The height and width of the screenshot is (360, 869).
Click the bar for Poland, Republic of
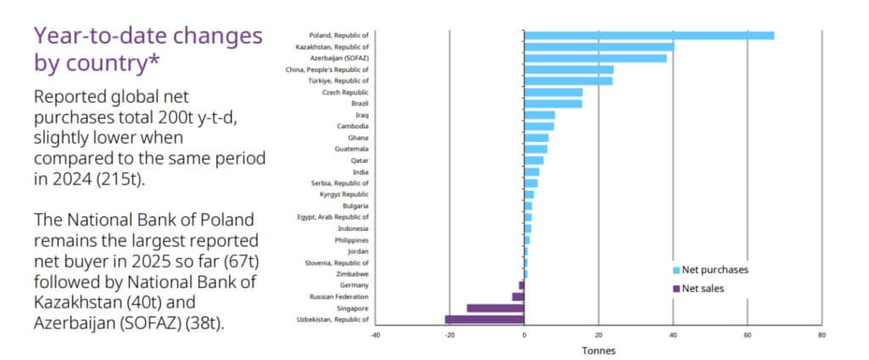649,36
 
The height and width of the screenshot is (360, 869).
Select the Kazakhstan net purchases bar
599,47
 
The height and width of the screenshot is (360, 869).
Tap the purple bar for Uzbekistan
485,319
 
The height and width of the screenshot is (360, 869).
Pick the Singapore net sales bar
496,308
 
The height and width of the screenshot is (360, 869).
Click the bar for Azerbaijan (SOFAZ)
596,59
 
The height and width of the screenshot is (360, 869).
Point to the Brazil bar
553,104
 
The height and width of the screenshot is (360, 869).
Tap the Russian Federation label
339,297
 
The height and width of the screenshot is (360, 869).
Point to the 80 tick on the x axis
821,335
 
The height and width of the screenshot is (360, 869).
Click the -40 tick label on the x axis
374,335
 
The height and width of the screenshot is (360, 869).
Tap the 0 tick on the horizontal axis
524,335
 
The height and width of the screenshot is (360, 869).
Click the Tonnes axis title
598,351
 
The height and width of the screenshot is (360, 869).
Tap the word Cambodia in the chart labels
352,127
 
